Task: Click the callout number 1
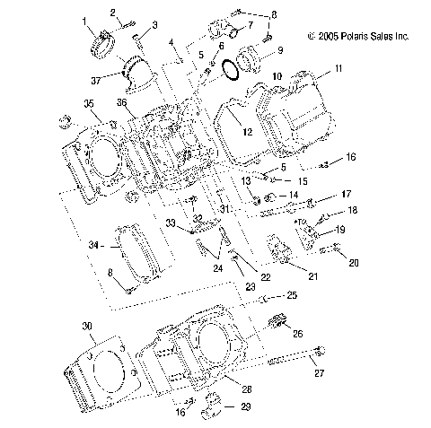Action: tap(84, 20)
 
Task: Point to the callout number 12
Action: tap(245, 130)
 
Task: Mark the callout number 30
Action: tap(86, 326)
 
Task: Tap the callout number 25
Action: tap(291, 295)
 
